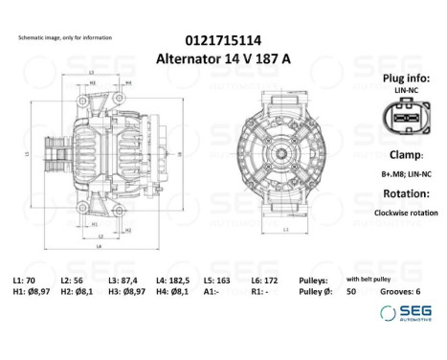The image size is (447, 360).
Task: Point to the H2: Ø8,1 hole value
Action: pyautogui.click(x=81, y=290)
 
